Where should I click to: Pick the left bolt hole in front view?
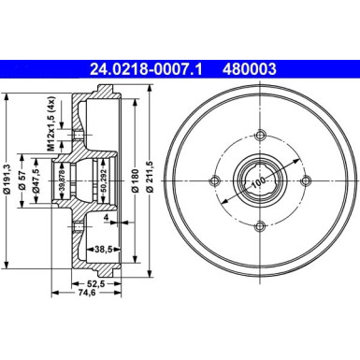(216, 180)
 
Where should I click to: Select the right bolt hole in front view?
(304, 180)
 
